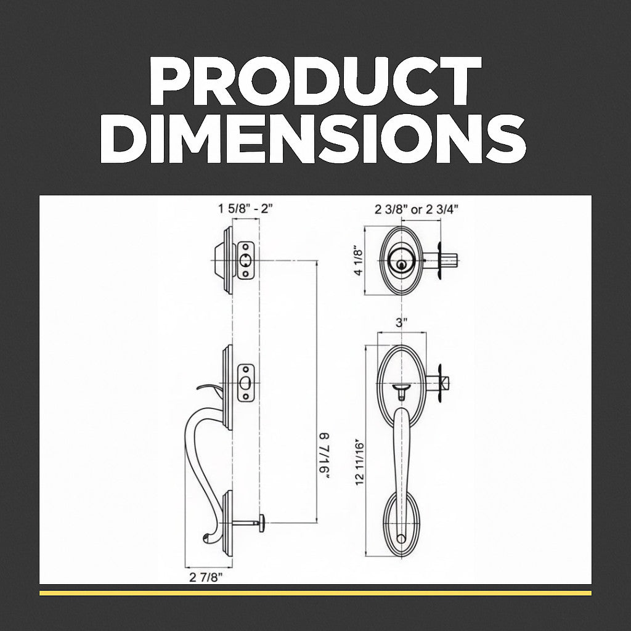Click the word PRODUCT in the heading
coord(315,81)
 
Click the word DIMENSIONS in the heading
coord(313,138)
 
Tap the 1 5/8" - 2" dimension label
coord(245,209)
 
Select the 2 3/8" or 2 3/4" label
coord(417,210)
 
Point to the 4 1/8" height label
coord(358,260)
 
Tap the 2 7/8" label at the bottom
coord(206,577)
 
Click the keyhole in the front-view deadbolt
coord(401,264)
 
